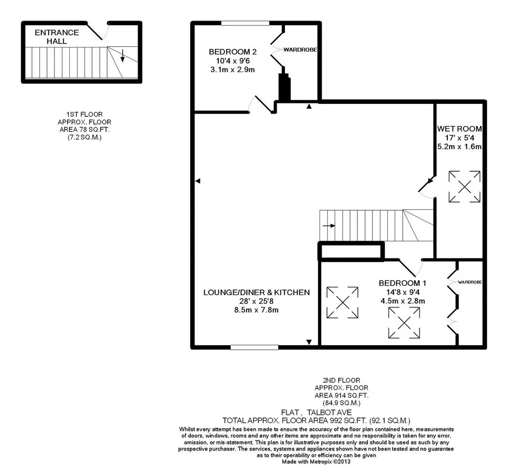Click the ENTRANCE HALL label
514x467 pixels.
(57, 37)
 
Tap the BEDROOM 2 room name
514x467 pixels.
(233, 52)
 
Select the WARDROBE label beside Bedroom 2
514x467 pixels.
(300, 50)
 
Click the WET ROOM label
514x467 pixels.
(460, 129)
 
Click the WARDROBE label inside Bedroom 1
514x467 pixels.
(470, 282)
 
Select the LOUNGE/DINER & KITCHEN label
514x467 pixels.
(256, 292)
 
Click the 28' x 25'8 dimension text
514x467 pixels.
(256, 301)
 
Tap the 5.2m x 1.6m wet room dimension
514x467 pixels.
(460, 147)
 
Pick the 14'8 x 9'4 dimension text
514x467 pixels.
(403, 292)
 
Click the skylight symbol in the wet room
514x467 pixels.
(464, 186)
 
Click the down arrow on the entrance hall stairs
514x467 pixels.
(122, 55)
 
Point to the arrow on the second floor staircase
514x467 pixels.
(329, 226)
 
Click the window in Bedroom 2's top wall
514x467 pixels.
(246, 23)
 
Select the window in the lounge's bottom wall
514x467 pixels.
(255, 348)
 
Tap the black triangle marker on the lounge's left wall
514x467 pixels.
(198, 181)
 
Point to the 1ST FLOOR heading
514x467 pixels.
(85, 114)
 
